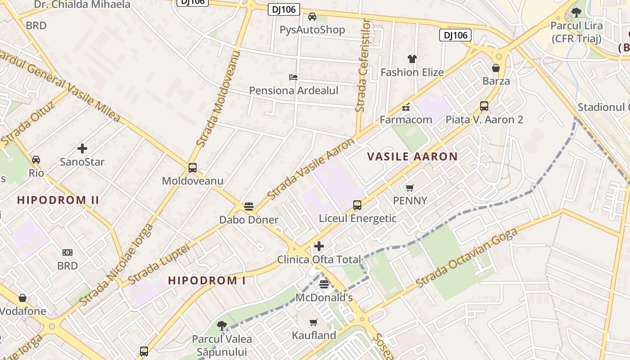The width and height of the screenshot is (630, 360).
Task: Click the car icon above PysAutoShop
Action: click(x=312, y=17)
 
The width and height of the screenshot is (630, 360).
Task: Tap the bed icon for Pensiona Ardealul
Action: click(x=293, y=77)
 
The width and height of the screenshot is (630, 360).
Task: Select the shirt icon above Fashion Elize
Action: click(x=412, y=59)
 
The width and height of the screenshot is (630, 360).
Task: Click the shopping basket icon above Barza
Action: click(x=496, y=68)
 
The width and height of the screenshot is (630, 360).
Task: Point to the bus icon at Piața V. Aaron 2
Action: click(x=484, y=106)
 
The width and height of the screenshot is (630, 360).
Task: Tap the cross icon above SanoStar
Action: click(x=82, y=148)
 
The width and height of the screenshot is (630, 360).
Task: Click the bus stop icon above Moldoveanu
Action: click(x=193, y=168)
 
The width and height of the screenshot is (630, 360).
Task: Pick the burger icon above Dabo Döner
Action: click(x=249, y=207)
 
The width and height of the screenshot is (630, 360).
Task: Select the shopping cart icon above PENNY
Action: click(x=410, y=188)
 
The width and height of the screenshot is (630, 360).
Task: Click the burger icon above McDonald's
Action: click(x=324, y=284)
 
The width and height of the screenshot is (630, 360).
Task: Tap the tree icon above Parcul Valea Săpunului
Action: click(x=221, y=325)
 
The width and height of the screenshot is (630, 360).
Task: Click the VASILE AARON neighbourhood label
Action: click(x=412, y=157)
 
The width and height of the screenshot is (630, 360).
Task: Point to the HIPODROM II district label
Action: click(x=58, y=200)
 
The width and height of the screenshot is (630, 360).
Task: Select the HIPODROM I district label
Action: click(x=207, y=280)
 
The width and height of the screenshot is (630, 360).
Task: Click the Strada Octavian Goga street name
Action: click(x=467, y=257)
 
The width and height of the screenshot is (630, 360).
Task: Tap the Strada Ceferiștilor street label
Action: click(x=363, y=65)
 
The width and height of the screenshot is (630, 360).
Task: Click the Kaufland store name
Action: click(x=314, y=335)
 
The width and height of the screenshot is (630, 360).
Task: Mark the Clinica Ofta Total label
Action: click(x=319, y=260)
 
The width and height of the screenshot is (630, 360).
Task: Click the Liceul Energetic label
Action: click(x=358, y=219)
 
